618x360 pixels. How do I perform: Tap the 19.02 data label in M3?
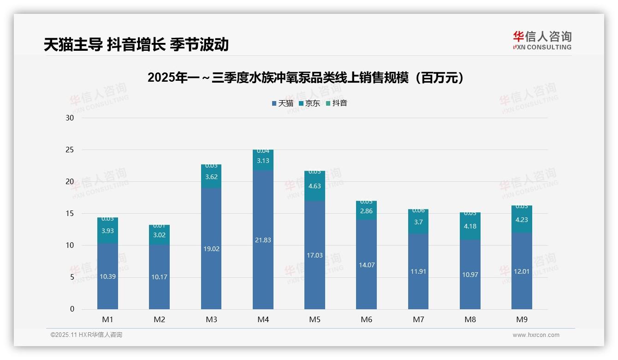(x=211, y=249)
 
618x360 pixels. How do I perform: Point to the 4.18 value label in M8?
(x=470, y=226)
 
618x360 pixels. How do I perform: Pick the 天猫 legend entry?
(x=283, y=103)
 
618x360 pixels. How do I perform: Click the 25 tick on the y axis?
(x=70, y=150)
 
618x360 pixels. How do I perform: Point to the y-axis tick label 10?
(x=70, y=246)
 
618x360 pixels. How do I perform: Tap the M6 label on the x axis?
(x=367, y=319)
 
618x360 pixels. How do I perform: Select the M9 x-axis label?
(x=522, y=319)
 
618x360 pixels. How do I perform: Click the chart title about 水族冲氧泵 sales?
(x=305, y=78)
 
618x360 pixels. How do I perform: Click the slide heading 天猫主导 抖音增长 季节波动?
(x=136, y=44)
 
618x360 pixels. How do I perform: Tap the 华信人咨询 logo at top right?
(x=542, y=40)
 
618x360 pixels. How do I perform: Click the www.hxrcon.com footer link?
(x=536, y=335)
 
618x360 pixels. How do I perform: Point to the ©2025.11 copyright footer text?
(x=86, y=335)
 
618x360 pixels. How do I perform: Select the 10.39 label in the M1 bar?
(x=107, y=276)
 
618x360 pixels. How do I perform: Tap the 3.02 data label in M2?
(x=159, y=235)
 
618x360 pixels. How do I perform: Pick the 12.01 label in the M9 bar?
(x=522, y=271)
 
